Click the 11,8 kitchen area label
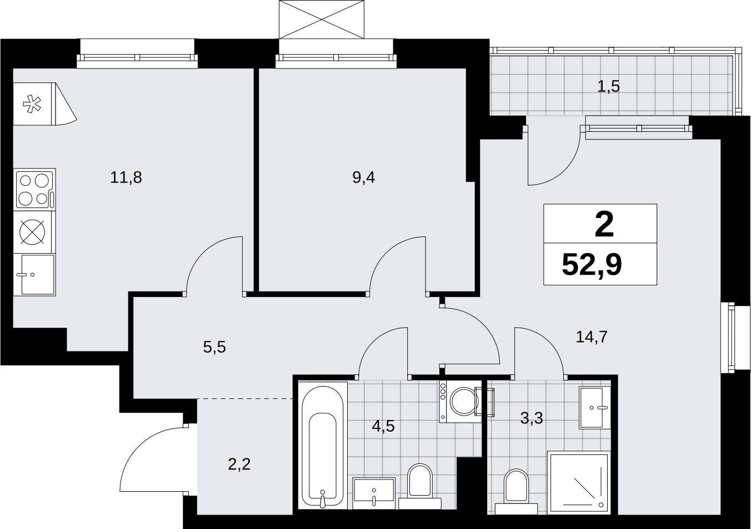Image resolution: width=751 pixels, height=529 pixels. (126, 177)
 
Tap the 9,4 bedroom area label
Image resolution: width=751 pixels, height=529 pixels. (363, 177)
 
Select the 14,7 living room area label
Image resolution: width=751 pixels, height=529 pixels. (592, 337)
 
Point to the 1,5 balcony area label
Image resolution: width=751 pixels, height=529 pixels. (608, 87)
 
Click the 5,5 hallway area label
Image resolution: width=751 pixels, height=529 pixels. (214, 347)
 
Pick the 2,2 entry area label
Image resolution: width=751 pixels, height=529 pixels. (239, 464)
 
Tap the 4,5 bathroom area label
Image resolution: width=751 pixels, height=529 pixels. (383, 426)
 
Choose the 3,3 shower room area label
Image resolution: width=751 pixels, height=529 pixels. (532, 418)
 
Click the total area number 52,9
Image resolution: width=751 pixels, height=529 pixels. (592, 265)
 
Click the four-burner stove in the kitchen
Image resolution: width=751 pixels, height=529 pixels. (35, 189)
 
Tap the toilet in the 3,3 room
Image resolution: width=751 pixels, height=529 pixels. (516, 491)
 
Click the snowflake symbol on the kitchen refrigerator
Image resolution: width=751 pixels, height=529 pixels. (32, 104)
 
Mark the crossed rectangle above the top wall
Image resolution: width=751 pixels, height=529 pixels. (322, 19)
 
